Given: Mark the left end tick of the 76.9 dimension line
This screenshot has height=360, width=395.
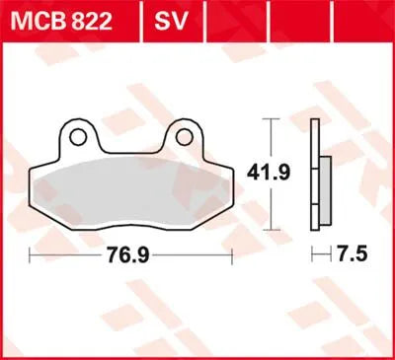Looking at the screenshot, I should click(x=31, y=255).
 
